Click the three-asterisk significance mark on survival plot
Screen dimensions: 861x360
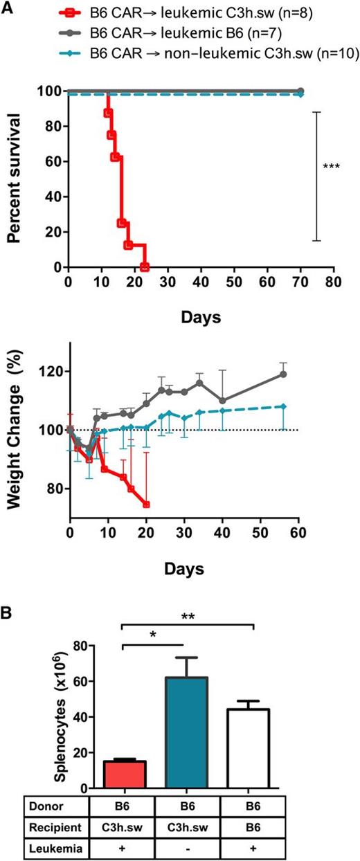point(331,167)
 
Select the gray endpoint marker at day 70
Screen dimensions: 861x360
point(300,91)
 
